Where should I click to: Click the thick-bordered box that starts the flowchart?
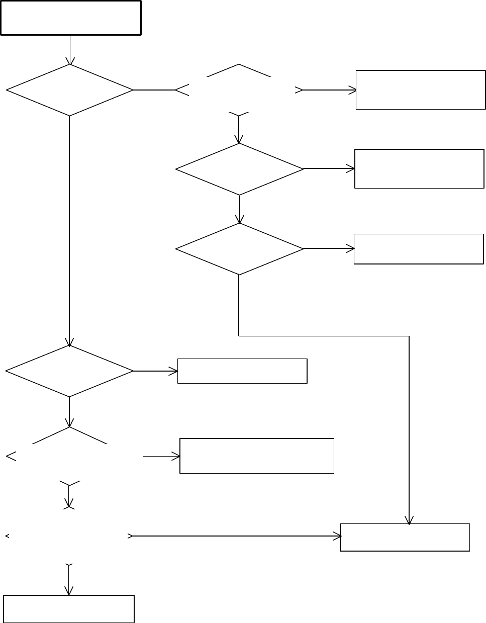(x=70, y=18)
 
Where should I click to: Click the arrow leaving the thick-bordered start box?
(x=70, y=50)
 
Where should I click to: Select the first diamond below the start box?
(x=69, y=91)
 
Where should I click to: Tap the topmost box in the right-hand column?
(x=421, y=90)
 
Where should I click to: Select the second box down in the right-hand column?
(x=419, y=168)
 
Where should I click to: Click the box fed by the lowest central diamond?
(x=419, y=249)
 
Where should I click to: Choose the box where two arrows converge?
(x=405, y=537)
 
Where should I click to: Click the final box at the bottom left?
(x=69, y=609)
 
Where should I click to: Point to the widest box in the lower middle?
(x=257, y=456)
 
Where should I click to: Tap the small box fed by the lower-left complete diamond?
(x=242, y=371)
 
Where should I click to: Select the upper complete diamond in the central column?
(x=240, y=169)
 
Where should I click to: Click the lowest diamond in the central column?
(x=240, y=249)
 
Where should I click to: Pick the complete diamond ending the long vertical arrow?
(x=69, y=371)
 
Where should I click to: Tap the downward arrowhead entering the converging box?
(x=410, y=520)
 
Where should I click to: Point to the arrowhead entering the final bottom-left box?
(x=68, y=590)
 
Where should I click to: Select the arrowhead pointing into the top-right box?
(x=352, y=91)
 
